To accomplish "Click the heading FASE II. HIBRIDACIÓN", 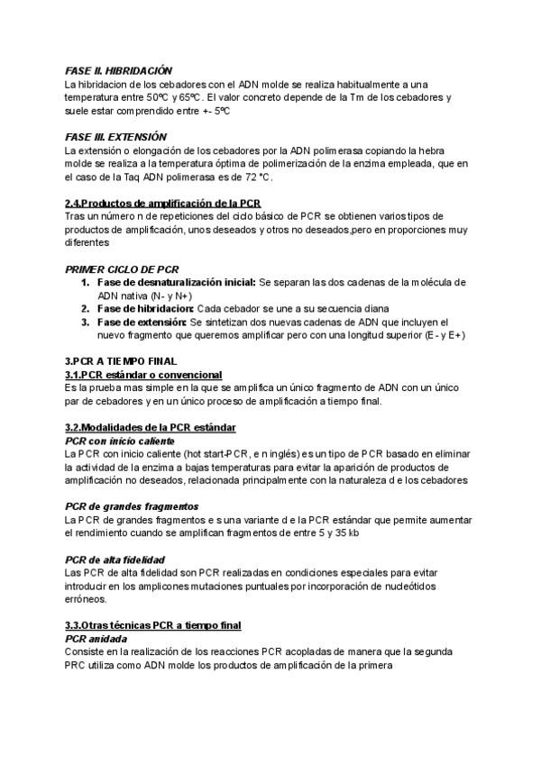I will tap(118, 70).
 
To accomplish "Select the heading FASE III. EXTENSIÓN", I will tap(116, 136).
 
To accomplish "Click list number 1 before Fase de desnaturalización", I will tap(85, 282).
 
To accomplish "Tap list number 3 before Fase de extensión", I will tap(85, 321).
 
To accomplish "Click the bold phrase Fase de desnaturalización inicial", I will tap(177, 282).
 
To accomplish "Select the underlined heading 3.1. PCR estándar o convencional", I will tap(143, 374).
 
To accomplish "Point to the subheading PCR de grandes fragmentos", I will tap(127, 506).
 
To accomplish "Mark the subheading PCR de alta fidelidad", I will tap(115, 559).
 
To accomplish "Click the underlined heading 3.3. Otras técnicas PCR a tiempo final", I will tap(152, 625).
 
